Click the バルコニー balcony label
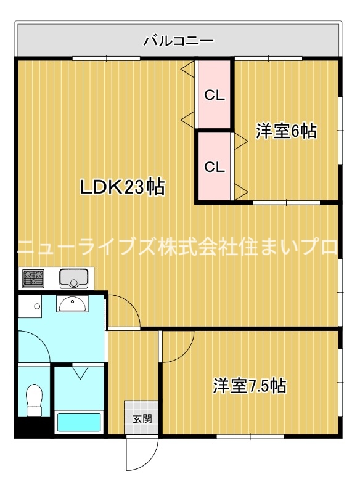pos(179,41)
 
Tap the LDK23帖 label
pos(123,187)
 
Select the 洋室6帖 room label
pos(286,131)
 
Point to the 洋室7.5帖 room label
pos(250,386)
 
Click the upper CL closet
pos(215,95)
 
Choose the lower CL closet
pos(214,166)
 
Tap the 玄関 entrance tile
pos(141,419)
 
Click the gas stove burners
pos(33,279)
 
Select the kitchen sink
pos(74,279)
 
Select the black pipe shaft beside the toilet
pos(25,427)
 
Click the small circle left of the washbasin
pos(38,305)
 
